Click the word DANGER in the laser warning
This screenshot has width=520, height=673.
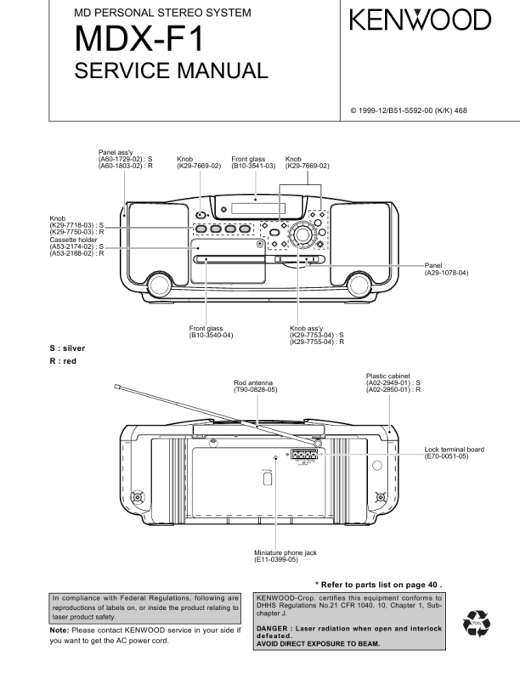(274, 628)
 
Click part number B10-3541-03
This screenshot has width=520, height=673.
(254, 165)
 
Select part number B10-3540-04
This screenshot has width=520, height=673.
(211, 335)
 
